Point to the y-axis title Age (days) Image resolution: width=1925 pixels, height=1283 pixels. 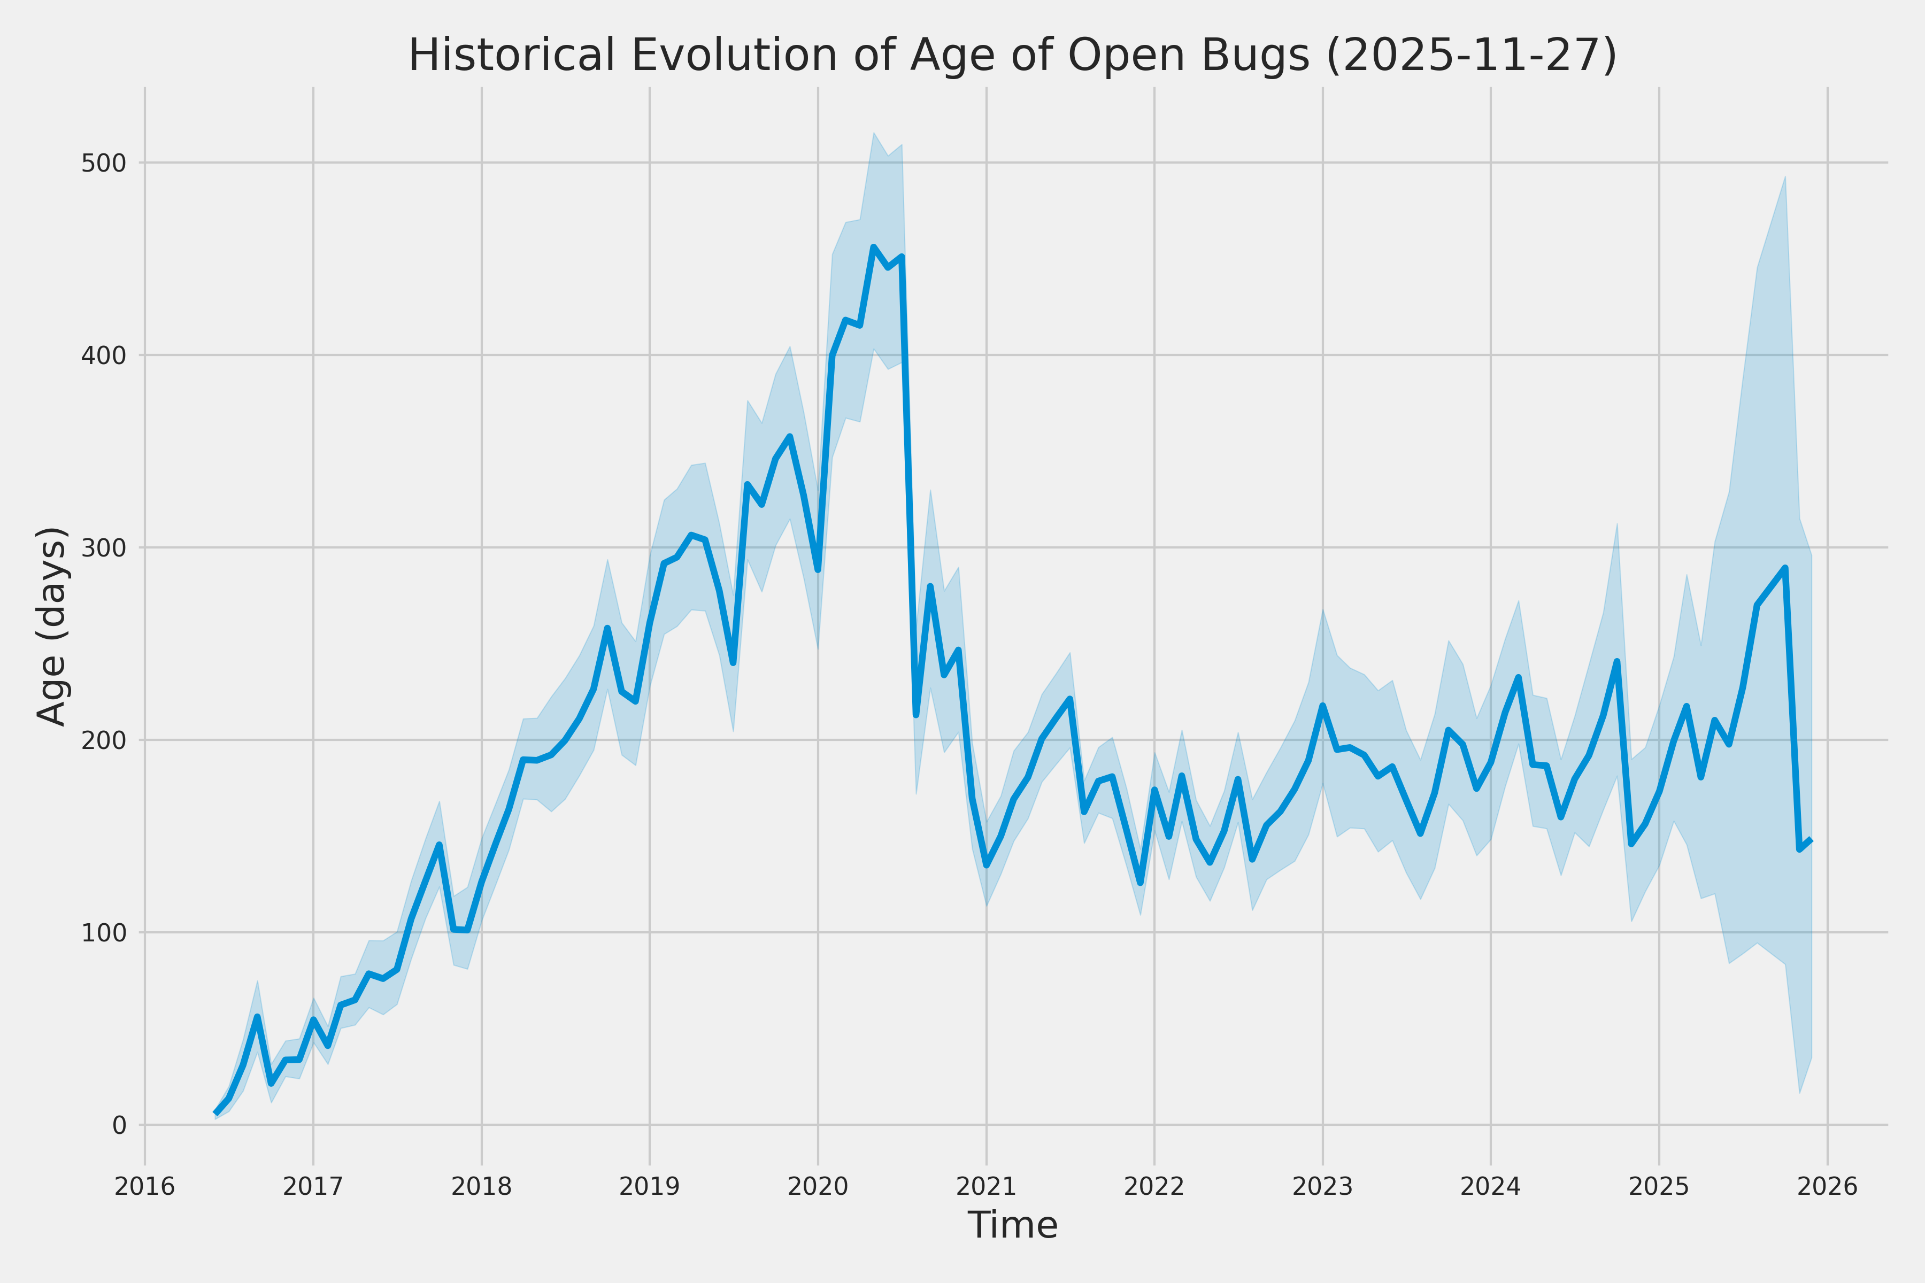(52, 626)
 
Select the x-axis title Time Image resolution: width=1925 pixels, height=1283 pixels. (1012, 1225)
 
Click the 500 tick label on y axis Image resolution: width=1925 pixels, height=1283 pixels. (104, 163)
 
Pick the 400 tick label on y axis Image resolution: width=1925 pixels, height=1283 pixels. (104, 355)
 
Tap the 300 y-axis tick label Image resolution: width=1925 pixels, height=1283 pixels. (104, 547)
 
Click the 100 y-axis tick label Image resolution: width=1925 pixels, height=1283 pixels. (104, 932)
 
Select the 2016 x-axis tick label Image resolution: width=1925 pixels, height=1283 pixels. (145, 1186)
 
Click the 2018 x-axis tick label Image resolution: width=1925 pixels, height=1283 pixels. (481, 1186)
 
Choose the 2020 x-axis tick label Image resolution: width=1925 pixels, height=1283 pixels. (818, 1186)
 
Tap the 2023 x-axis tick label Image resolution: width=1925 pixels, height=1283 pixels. (1322, 1186)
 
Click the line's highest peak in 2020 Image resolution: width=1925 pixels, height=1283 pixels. (873, 246)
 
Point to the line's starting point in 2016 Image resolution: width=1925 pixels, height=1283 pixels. (215, 1113)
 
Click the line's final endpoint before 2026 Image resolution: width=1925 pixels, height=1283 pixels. (1811, 840)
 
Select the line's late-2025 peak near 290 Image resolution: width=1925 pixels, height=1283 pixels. (1785, 567)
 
